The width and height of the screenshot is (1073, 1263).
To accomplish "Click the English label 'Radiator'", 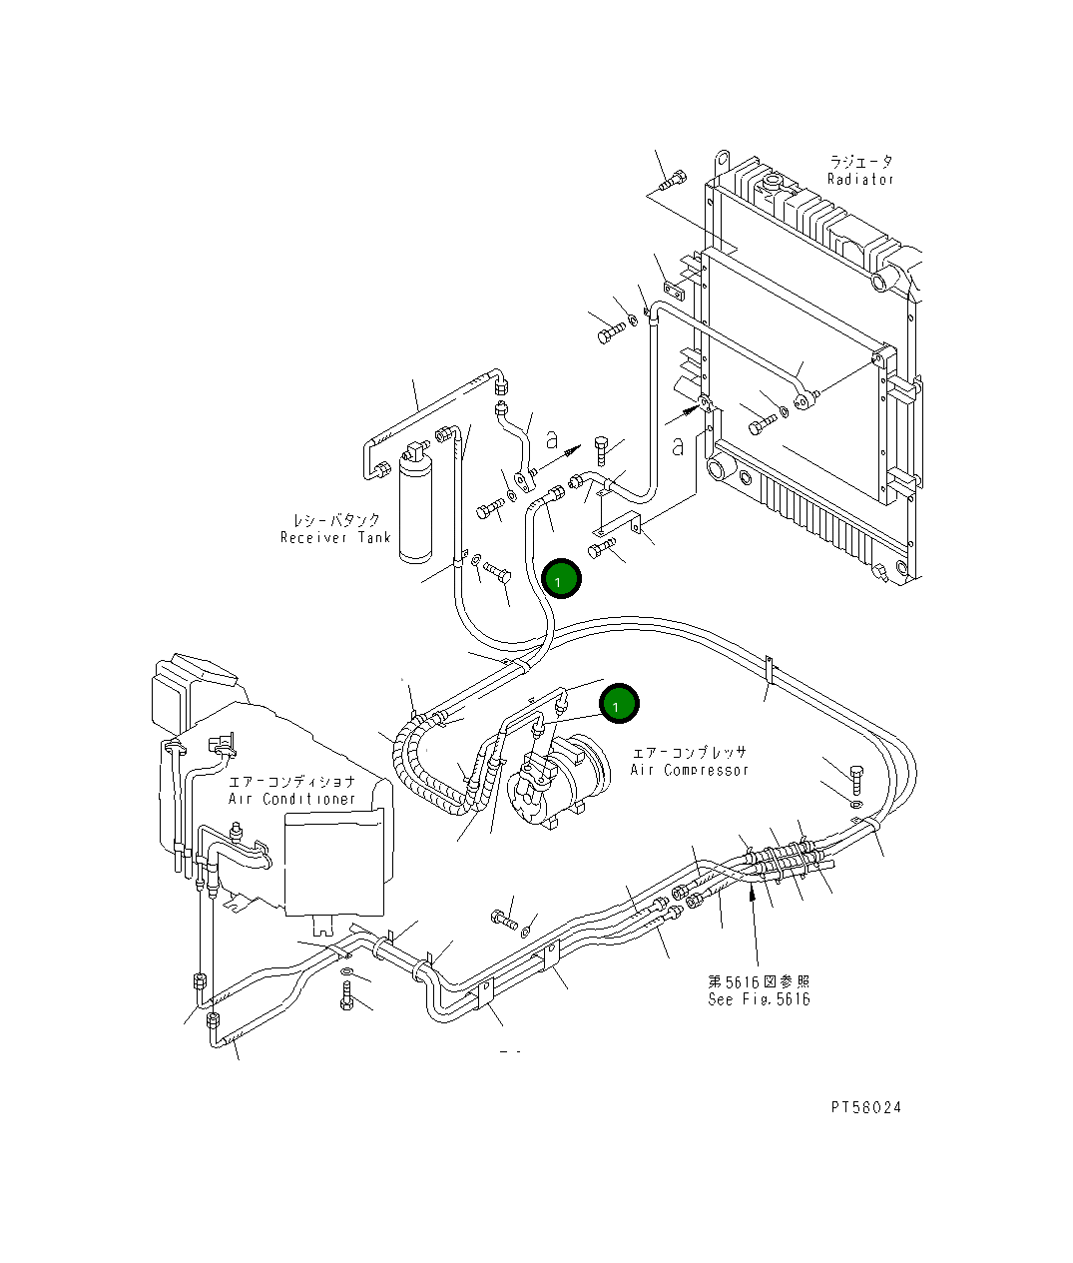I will [860, 180].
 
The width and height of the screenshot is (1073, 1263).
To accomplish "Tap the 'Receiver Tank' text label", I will [329, 538].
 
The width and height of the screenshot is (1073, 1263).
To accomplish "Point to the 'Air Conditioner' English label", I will [292, 799].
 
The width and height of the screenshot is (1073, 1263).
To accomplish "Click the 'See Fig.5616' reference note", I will [759, 999].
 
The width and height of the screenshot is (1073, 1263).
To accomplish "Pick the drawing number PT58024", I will [865, 1108].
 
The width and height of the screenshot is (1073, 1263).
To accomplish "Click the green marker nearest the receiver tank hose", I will [561, 579].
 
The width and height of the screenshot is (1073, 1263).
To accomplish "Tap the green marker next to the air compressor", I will [619, 704].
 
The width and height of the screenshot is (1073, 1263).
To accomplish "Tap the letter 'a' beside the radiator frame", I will [678, 445].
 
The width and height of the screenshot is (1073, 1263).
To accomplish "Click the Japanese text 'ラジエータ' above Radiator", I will [860, 161].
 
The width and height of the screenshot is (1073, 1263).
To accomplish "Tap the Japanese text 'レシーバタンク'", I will [336, 520].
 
